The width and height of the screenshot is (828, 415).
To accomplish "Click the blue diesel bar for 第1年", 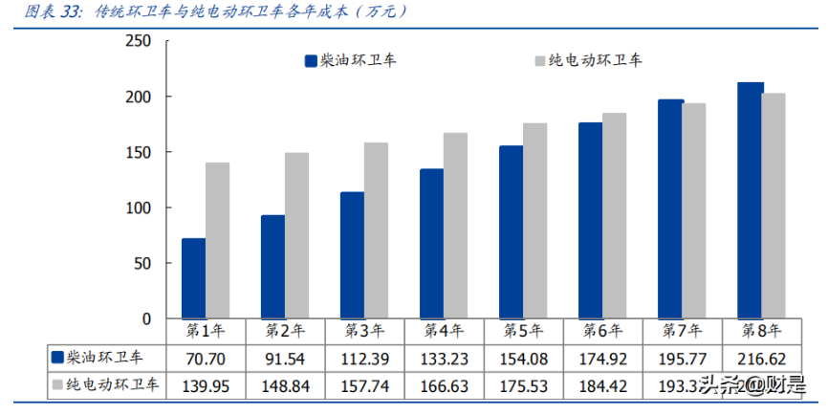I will tap(193, 278).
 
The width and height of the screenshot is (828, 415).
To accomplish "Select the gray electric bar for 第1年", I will tap(217, 240).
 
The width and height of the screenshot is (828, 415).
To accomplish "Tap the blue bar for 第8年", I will tap(750, 200).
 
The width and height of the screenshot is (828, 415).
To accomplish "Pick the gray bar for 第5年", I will tap(535, 220).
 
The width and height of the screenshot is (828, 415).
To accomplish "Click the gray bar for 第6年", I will tap(615, 215).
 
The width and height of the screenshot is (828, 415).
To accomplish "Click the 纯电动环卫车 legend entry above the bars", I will tap(587, 60).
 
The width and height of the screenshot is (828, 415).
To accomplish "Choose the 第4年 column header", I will tap(444, 331).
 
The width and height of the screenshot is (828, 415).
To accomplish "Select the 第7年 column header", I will tap(683, 331).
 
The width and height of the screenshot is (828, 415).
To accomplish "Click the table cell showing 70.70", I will tap(206, 358).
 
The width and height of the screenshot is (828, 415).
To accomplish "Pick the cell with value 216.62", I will tap(762, 358).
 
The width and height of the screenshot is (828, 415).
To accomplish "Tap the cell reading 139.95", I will tap(206, 386).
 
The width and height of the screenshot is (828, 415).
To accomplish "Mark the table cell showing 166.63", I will tap(444, 386).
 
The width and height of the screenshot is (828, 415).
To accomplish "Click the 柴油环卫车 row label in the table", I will tap(105, 358).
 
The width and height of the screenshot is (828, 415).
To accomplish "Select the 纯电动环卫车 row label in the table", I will tap(105, 386).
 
